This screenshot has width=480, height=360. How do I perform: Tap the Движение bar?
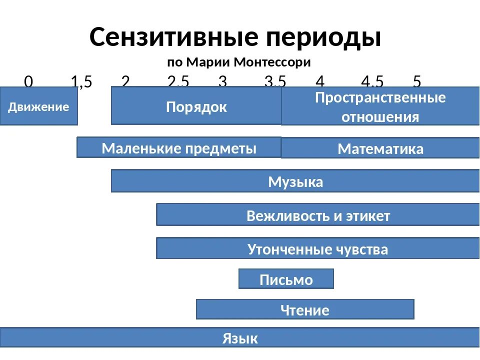click(x=38, y=106)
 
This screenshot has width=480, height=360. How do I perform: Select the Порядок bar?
click(x=196, y=106)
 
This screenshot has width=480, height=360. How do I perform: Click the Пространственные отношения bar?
click(x=380, y=106)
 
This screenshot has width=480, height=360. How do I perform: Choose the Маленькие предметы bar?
click(x=179, y=148)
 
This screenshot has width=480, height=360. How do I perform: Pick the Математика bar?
click(x=380, y=148)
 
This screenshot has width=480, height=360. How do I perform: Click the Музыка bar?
click(x=295, y=181)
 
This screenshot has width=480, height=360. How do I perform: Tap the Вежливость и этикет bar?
click(x=318, y=215)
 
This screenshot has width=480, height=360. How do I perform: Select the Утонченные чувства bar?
click(x=318, y=248)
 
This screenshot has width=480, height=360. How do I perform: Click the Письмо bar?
click(x=286, y=279)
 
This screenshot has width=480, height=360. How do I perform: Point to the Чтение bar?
click(x=305, y=309)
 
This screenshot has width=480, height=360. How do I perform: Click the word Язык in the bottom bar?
click(x=240, y=338)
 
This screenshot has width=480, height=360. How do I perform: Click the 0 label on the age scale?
click(x=28, y=81)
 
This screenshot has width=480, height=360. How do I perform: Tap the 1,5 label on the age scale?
click(x=81, y=81)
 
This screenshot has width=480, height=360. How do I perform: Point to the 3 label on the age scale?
click(x=222, y=81)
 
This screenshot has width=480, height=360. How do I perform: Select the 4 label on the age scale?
click(x=320, y=81)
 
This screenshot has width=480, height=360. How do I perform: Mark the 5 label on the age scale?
click(x=417, y=81)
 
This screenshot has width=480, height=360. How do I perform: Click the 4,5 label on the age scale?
click(x=372, y=81)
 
